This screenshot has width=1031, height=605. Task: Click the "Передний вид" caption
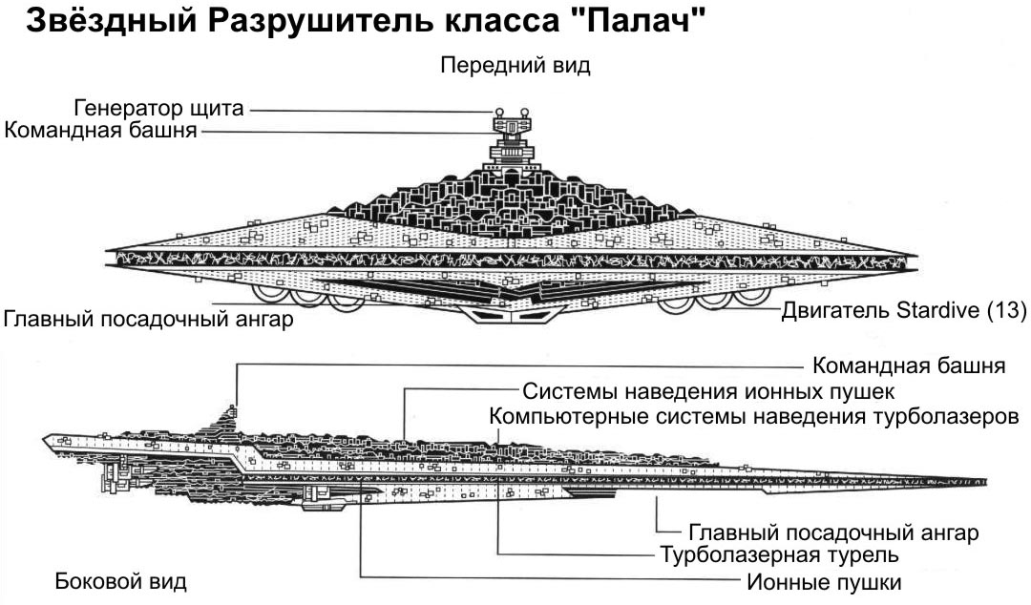pyautogui.click(x=515, y=66)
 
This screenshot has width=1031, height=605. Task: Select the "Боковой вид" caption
pyautogui.click(x=120, y=581)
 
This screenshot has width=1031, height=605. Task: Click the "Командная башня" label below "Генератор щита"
pyautogui.click(x=100, y=131)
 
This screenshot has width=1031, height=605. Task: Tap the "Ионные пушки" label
pyautogui.click(x=821, y=581)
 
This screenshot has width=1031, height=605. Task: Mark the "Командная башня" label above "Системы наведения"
pyautogui.click(x=908, y=365)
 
